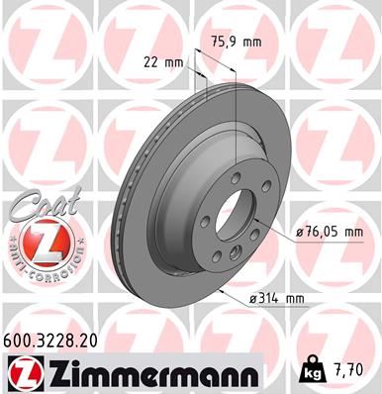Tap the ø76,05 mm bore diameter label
pos(329,233)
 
